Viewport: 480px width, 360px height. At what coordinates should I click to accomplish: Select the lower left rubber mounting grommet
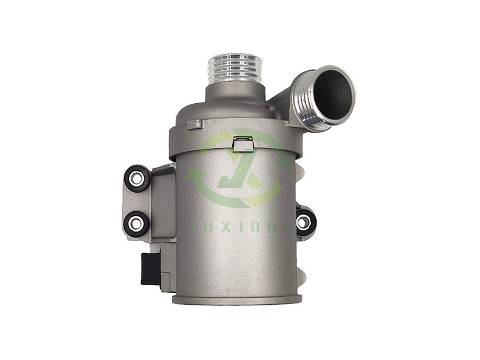[x=136, y=223]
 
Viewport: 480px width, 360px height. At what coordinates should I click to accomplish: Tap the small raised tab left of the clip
[x=194, y=125]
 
